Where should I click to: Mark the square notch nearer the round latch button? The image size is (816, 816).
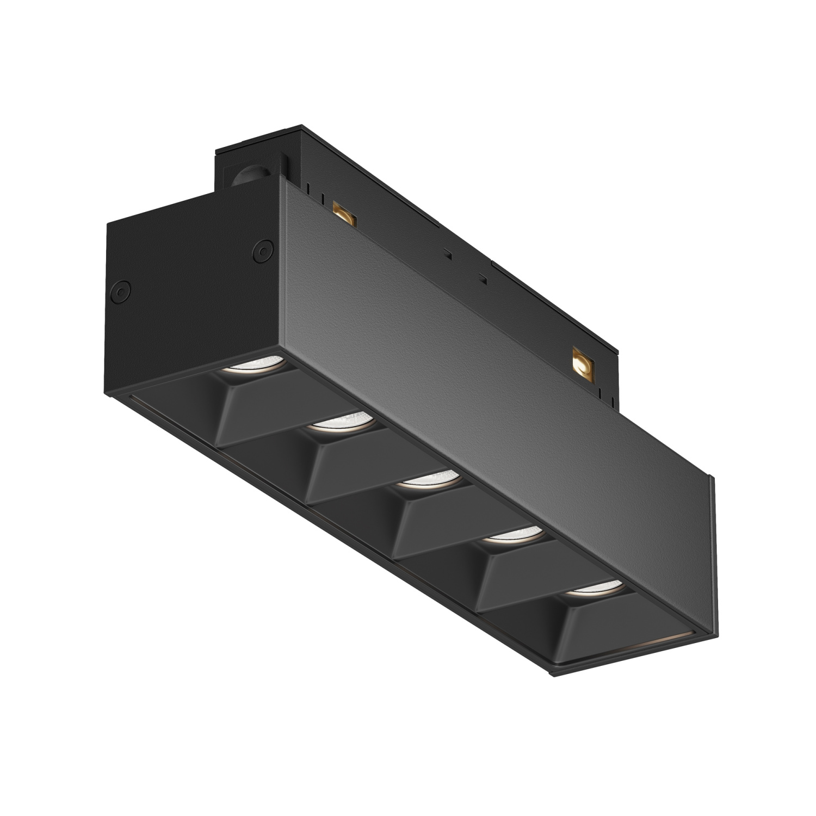[447, 253]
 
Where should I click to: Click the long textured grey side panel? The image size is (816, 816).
[490, 348]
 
